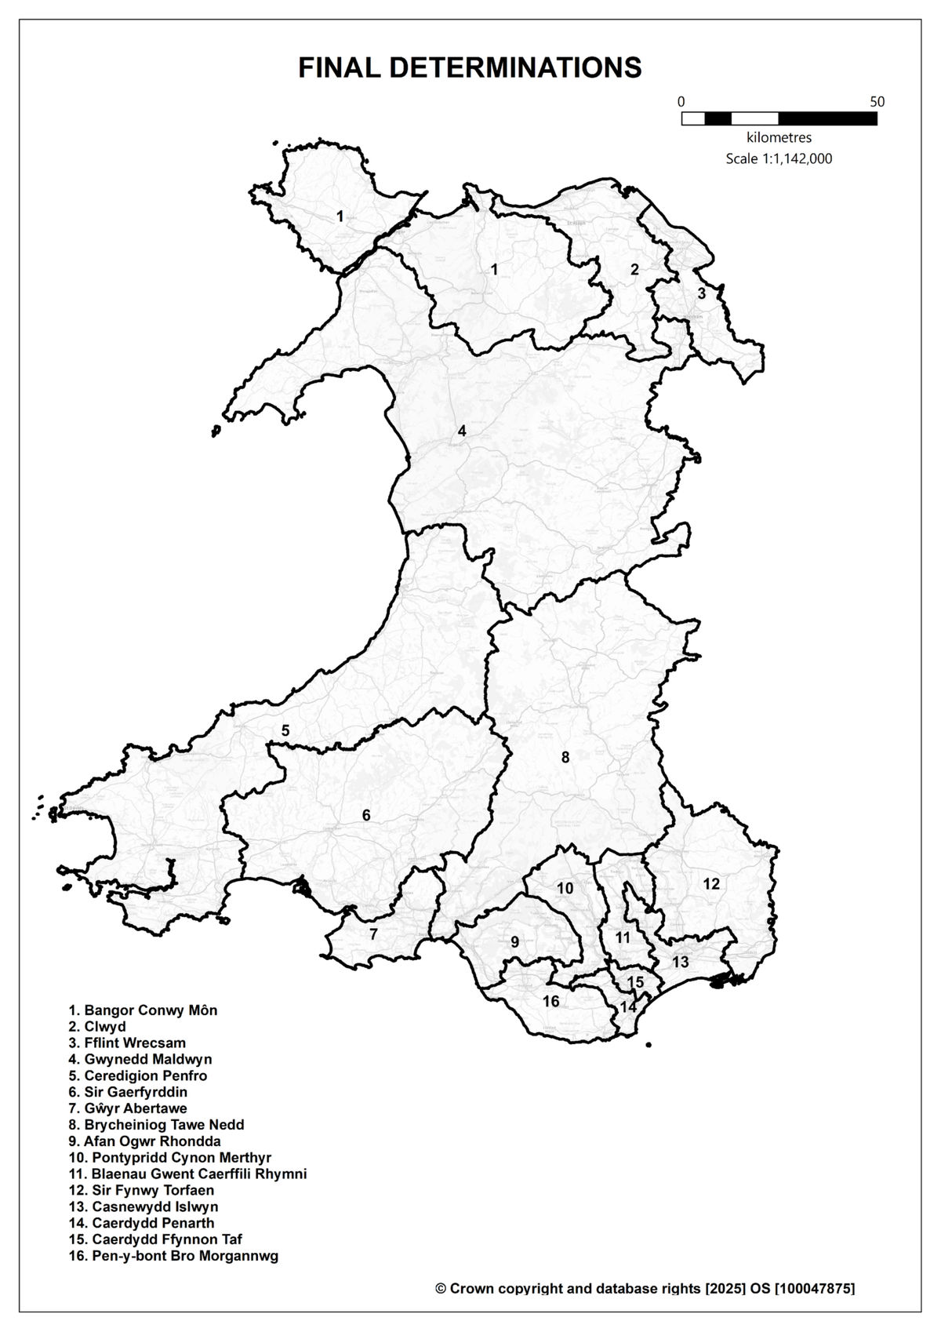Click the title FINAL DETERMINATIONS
pyautogui.click(x=470, y=68)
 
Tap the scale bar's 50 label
pyautogui.click(x=877, y=102)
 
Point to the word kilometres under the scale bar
pyautogui.click(x=779, y=138)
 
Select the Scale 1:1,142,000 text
pyautogui.click(x=779, y=158)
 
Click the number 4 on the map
pyautogui.click(x=462, y=431)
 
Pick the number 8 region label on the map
pyautogui.click(x=565, y=757)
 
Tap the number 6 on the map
pyautogui.click(x=366, y=816)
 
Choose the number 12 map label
pyautogui.click(x=710, y=884)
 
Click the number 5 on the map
pyautogui.click(x=285, y=730)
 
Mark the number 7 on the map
pyautogui.click(x=373, y=933)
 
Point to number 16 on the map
pyautogui.click(x=550, y=1001)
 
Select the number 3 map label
pyautogui.click(x=702, y=293)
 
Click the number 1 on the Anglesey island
pyautogui.click(x=340, y=216)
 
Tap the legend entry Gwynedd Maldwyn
pyautogui.click(x=140, y=1059)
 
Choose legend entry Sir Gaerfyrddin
pyautogui.click(x=128, y=1092)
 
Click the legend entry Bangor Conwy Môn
pyautogui.click(x=143, y=1010)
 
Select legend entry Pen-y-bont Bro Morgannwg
pyautogui.click(x=173, y=1256)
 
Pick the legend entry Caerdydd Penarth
pyautogui.click(x=141, y=1223)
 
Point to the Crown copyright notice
pyautogui.click(x=645, y=1288)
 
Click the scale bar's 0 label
pyautogui.click(x=681, y=102)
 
